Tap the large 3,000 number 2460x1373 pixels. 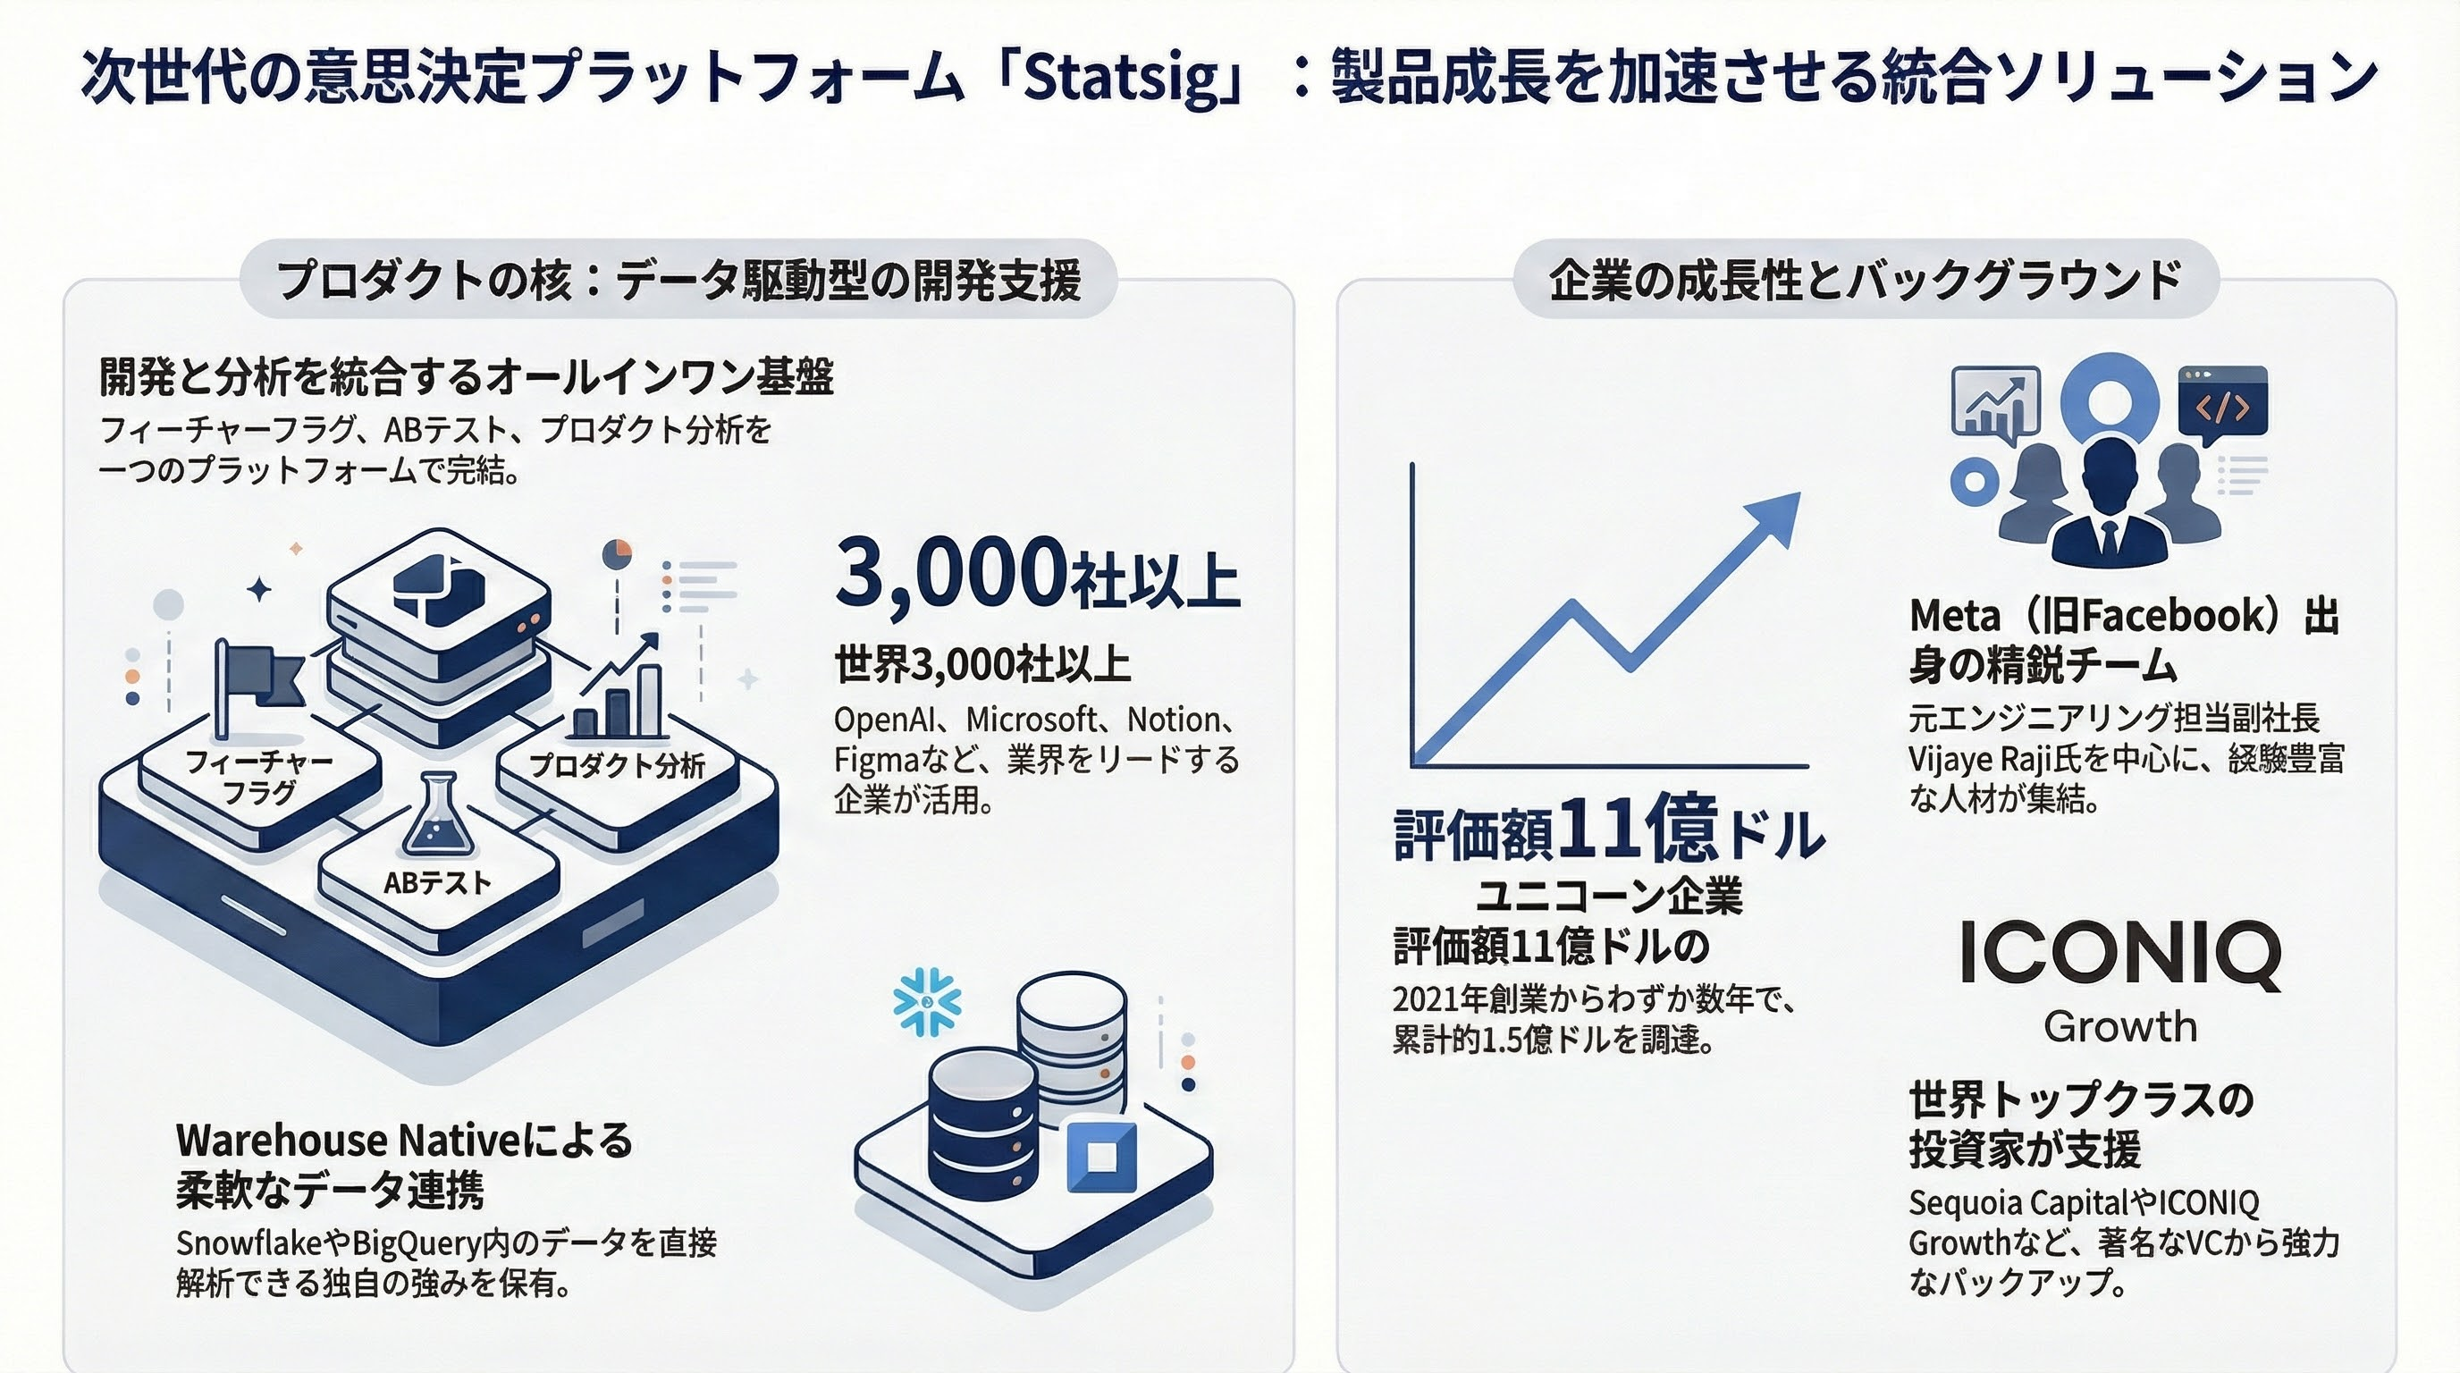coord(950,573)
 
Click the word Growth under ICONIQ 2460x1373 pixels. coord(2120,1027)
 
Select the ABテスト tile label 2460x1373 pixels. coord(436,883)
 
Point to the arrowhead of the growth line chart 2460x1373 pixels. coord(1774,518)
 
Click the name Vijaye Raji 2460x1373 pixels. coord(1994,760)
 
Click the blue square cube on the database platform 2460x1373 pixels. coord(1101,1157)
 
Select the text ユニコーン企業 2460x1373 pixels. coord(1609,896)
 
